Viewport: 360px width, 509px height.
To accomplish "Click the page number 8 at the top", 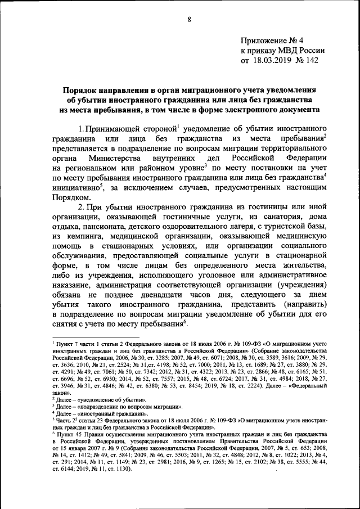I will click(x=190, y=20).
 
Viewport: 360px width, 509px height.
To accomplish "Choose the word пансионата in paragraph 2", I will click(x=101, y=232).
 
